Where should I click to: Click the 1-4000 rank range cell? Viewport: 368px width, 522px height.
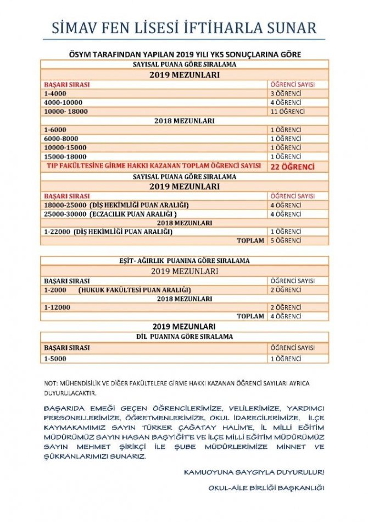pyautogui.click(x=55, y=94)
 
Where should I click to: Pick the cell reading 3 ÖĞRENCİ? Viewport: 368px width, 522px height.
pyautogui.click(x=286, y=94)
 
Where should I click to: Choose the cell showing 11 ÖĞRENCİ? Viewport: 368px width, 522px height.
pyautogui.click(x=287, y=112)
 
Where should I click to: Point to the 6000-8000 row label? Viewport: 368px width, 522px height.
pyautogui.click(x=60, y=139)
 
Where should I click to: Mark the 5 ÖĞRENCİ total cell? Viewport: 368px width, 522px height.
pyautogui.click(x=286, y=240)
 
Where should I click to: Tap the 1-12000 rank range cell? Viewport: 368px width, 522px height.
pyautogui.click(x=57, y=307)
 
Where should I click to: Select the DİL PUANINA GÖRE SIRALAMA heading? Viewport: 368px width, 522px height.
pyautogui.click(x=185, y=336)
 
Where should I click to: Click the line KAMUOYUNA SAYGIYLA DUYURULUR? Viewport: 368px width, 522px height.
pyautogui.click(x=254, y=472)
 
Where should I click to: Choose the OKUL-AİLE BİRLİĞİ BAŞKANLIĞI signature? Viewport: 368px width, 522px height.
pyautogui.click(x=266, y=488)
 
